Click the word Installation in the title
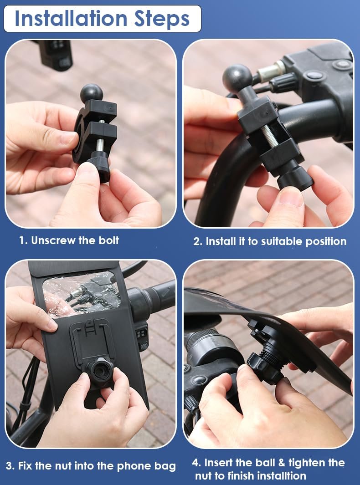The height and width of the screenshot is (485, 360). [71, 19]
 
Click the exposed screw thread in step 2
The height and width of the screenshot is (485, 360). [270, 137]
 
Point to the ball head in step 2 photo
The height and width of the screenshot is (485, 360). [237, 77]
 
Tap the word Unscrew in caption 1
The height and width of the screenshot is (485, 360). [53, 240]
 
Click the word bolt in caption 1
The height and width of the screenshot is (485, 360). [108, 240]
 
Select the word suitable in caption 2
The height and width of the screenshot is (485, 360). [282, 241]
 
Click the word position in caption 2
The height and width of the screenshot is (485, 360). [326, 242]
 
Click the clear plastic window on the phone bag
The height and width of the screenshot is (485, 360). [82, 294]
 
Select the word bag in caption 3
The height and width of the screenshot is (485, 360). [165, 466]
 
